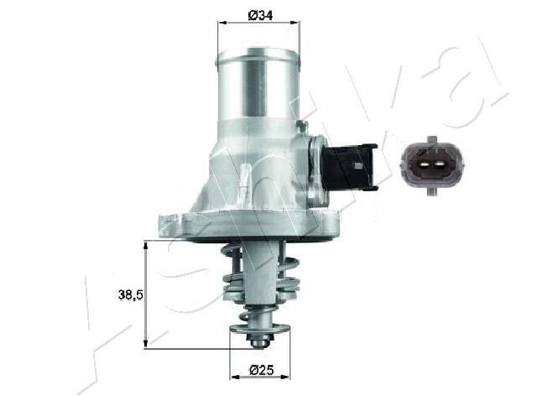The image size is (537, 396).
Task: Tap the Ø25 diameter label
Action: click(x=261, y=368)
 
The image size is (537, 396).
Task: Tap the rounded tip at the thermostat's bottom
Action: click(x=258, y=341)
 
